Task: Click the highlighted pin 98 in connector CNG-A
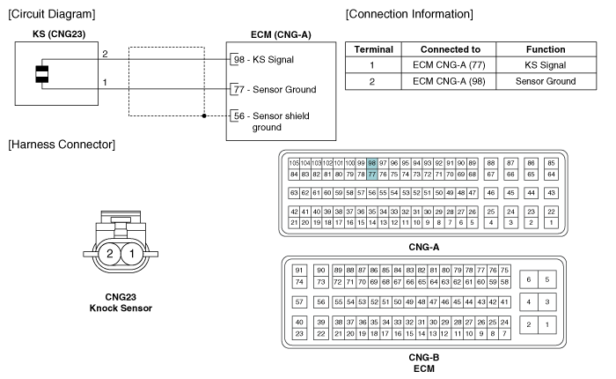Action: pos(372,163)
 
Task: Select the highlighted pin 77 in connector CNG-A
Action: pos(372,175)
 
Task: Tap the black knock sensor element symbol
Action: pos(42,74)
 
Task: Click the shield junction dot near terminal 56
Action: pos(204,115)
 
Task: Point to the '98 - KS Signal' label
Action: pos(264,59)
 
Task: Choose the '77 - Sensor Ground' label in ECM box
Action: pos(275,89)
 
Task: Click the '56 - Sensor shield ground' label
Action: pos(271,122)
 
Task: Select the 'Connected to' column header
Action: pos(451,49)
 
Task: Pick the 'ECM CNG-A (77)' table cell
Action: pos(449,65)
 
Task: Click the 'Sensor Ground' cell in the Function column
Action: pos(546,81)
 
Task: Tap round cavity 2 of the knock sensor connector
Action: pos(110,254)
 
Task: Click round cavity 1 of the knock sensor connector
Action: pos(132,254)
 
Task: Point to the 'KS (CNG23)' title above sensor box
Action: pos(59,33)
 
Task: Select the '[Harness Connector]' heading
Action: pos(62,145)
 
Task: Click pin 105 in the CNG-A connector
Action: pos(294,163)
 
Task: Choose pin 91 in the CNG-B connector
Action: pos(299,270)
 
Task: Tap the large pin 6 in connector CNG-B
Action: pos(529,279)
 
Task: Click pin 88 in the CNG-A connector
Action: pos(491,163)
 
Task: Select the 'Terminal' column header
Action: pos(374,49)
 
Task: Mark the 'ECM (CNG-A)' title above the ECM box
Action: pos(281,34)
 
